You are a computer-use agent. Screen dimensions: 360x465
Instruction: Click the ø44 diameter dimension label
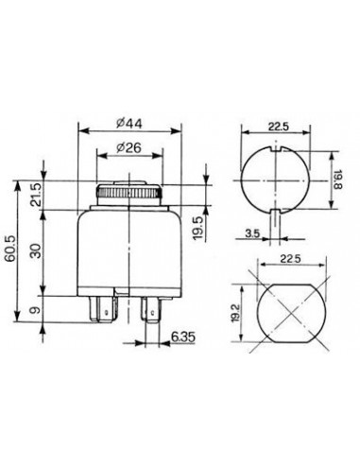click(129, 123)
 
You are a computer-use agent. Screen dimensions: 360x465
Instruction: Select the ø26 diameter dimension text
click(129, 147)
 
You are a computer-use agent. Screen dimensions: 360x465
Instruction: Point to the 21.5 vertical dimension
click(37, 196)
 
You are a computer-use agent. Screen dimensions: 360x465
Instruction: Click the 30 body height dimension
click(37, 251)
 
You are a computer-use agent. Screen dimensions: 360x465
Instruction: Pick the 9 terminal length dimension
click(36, 310)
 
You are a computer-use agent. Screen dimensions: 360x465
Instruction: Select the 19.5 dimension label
click(198, 228)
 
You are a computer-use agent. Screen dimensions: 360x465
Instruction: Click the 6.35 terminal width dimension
click(183, 337)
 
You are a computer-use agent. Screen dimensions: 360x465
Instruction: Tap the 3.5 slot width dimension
click(252, 233)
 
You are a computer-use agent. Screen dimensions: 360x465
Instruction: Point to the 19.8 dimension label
click(337, 180)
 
